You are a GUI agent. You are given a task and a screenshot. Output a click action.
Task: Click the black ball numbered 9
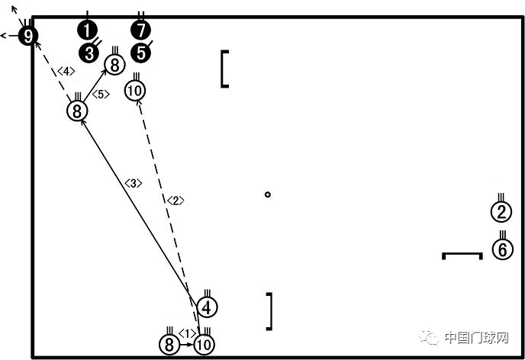tap(28, 36)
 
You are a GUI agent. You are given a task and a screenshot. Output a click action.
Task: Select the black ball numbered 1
tap(87, 31)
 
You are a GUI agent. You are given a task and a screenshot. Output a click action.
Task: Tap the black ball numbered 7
tap(140, 30)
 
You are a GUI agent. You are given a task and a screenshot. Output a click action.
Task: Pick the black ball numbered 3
tap(89, 53)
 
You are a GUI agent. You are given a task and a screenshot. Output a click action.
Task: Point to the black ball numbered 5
tap(141, 53)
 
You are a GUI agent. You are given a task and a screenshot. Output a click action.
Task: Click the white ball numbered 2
tap(501, 212)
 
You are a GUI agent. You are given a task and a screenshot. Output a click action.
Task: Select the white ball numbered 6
tap(503, 249)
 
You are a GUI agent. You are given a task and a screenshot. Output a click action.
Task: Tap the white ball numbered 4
tap(207, 307)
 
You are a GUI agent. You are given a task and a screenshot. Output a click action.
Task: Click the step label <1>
tap(187, 333)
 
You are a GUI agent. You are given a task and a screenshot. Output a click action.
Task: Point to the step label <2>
tap(176, 201)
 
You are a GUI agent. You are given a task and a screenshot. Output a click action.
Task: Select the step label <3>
tap(134, 183)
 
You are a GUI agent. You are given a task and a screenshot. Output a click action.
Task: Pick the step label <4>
tap(66, 71)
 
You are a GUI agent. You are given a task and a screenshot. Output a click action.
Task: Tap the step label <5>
tap(101, 95)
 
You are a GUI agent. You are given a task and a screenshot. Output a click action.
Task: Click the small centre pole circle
tap(267, 194)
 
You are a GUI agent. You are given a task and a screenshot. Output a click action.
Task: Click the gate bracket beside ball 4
tap(269, 311)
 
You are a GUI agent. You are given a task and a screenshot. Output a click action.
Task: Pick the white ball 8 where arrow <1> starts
tap(169, 344)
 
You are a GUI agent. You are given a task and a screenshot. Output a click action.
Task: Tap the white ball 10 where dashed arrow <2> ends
tap(135, 90)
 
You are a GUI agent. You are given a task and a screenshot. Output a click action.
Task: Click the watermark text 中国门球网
tap(476, 338)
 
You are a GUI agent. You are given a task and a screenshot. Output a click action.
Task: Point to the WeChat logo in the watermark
tap(430, 337)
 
